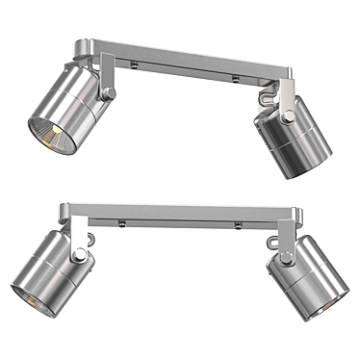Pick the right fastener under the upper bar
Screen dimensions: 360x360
tap(234, 75)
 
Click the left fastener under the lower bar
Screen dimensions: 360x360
tap(122, 222)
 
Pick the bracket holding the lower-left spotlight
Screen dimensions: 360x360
tap(77, 231)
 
